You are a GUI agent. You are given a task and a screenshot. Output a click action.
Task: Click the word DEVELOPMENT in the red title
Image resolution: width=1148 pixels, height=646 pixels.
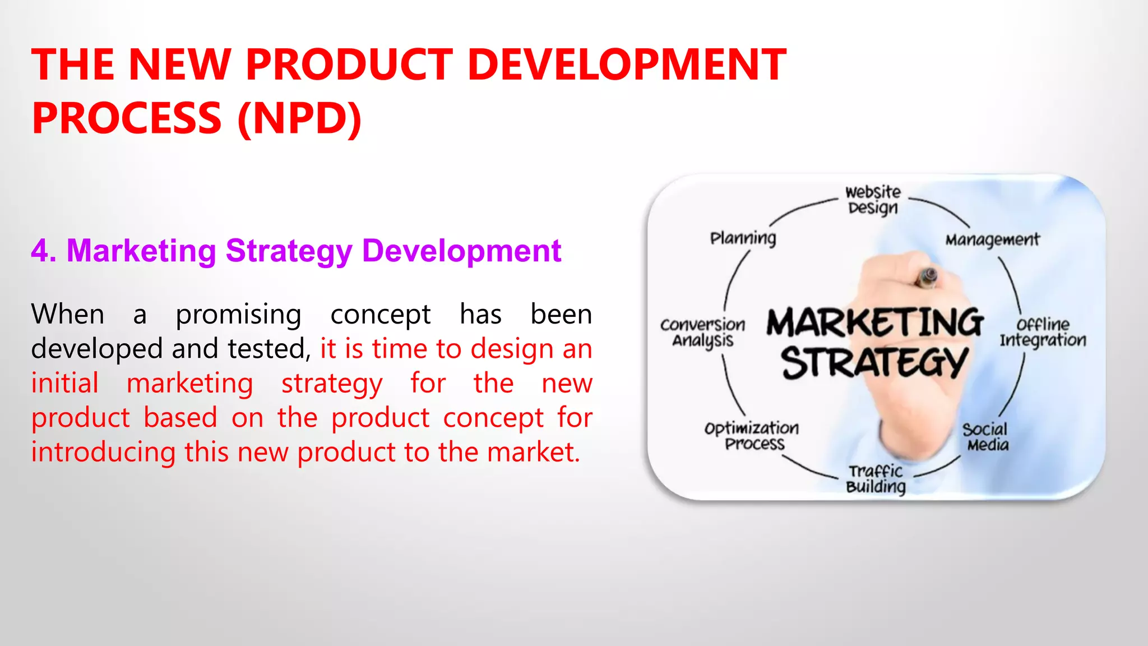(627, 64)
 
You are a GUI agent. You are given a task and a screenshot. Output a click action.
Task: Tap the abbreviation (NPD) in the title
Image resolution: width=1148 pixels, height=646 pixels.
(300, 118)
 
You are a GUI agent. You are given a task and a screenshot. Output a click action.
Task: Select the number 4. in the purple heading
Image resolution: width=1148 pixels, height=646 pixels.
(43, 251)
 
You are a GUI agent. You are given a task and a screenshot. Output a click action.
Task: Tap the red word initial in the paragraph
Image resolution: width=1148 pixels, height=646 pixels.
(65, 384)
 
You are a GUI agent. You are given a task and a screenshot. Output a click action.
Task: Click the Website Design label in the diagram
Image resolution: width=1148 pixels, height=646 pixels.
(873, 200)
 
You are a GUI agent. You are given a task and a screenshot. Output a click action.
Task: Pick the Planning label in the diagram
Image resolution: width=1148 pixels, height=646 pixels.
(743, 238)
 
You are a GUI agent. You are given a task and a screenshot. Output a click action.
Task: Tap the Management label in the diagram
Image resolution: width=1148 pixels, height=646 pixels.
(992, 240)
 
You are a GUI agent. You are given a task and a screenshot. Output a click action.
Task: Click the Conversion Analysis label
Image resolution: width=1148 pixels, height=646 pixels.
(703, 333)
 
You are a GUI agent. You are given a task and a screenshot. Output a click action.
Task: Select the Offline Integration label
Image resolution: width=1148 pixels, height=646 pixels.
(1043, 333)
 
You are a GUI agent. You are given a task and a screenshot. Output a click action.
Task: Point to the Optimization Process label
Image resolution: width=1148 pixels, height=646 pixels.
(752, 436)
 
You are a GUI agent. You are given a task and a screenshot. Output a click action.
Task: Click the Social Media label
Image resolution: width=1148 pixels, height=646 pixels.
(985, 437)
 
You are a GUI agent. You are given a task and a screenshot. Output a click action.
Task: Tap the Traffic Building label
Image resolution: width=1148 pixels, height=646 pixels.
(876, 479)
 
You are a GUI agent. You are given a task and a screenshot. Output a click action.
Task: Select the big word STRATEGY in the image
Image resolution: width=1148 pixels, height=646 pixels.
(874, 363)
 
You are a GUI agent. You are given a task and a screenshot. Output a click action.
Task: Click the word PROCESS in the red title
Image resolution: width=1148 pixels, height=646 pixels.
(127, 118)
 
